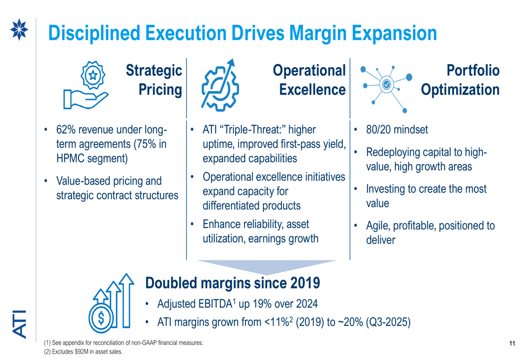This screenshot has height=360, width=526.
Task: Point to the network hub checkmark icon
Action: pos(387,84)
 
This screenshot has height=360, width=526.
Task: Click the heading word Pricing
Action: pos(160,90)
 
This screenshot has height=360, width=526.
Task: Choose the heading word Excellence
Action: pos(312,90)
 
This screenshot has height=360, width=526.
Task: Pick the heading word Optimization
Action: pos(460,90)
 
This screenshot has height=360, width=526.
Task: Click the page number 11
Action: pos(512,344)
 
